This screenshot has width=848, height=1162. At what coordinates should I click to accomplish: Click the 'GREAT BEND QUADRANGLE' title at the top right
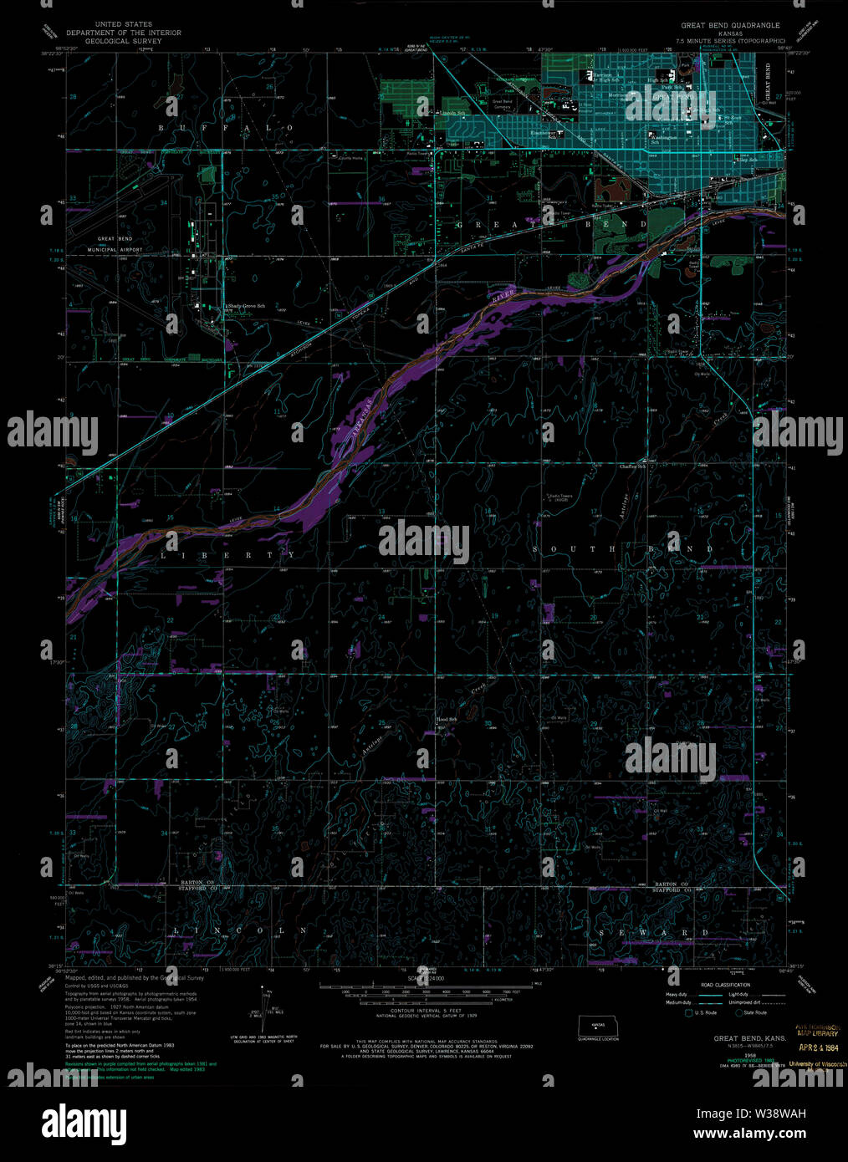click(730, 25)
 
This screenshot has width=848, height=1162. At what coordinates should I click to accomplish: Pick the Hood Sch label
click(447, 719)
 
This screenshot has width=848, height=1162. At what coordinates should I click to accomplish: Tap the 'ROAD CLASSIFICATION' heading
click(720, 985)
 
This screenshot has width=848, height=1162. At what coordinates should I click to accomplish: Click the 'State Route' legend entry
click(753, 1012)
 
